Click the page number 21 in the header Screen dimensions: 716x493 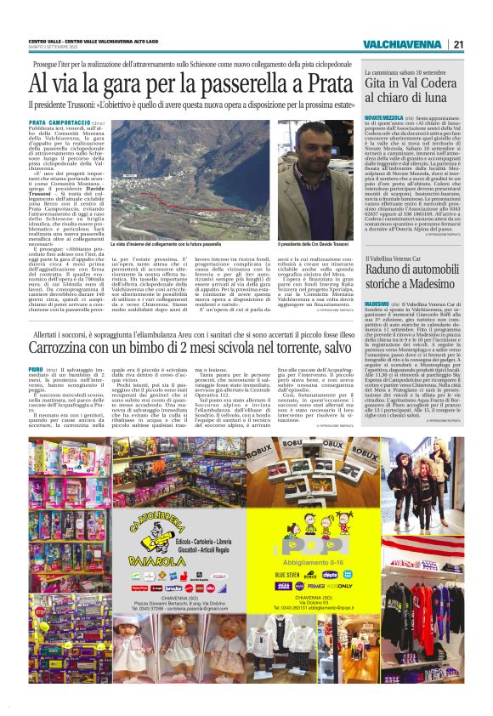458,44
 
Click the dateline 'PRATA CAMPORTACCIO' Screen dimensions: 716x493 56,122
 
